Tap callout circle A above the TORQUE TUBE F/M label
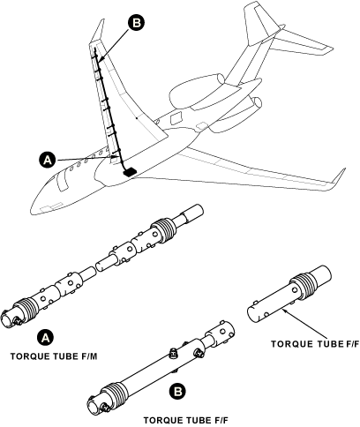click(x=45, y=338)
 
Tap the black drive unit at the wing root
click(x=130, y=170)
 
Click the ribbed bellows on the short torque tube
click(x=302, y=281)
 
